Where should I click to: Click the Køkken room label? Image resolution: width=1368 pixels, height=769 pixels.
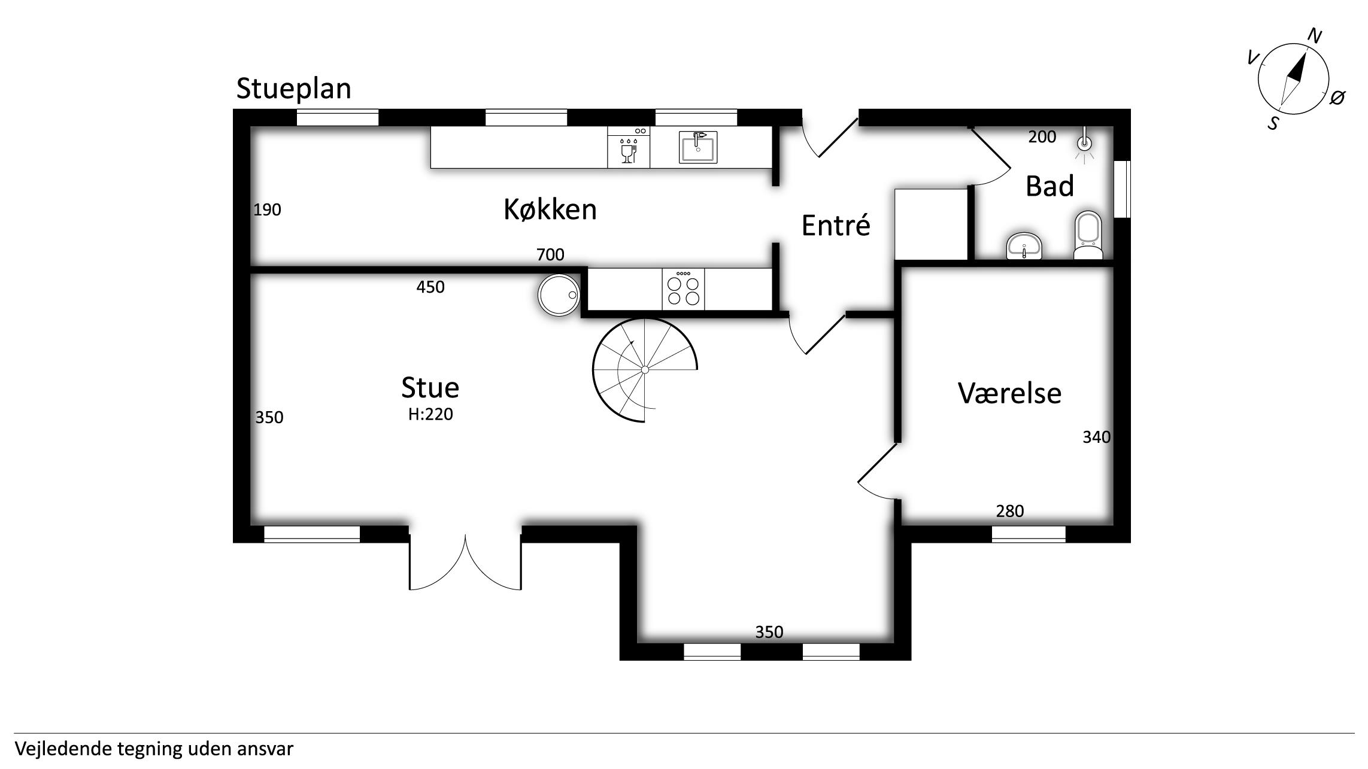(x=550, y=209)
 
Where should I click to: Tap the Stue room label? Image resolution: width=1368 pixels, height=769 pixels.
(x=430, y=387)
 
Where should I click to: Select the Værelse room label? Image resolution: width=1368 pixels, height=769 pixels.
(x=1009, y=393)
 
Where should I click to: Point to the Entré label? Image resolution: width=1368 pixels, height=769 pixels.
(x=836, y=225)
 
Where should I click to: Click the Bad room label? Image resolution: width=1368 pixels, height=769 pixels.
(x=1049, y=186)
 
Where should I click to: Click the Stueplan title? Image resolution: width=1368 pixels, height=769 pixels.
(x=293, y=89)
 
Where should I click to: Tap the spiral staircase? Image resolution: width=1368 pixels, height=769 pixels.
(x=645, y=370)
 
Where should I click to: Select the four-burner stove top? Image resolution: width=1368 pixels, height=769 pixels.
(x=683, y=290)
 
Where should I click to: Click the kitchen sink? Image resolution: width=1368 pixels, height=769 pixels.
(x=698, y=147)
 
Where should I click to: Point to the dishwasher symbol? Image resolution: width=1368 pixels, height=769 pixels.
(x=629, y=147)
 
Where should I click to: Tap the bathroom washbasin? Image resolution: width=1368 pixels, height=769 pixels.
(x=1025, y=246)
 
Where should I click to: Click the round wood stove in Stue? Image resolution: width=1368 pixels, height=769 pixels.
(x=559, y=295)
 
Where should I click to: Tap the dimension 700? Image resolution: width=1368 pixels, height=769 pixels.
(x=550, y=255)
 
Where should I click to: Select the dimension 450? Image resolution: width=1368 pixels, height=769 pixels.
(x=430, y=287)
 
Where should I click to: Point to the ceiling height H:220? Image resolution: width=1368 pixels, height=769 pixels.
(x=430, y=414)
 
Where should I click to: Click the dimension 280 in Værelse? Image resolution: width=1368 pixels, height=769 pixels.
(x=1010, y=511)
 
